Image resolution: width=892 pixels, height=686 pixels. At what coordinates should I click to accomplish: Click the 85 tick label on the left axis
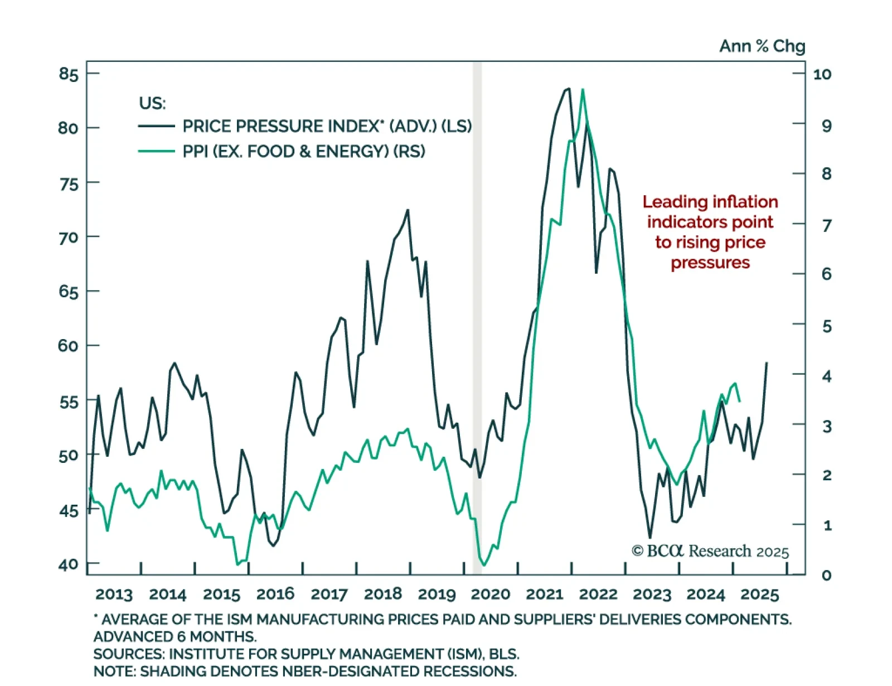click(69, 74)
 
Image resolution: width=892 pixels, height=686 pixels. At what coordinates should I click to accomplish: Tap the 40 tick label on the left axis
click(69, 564)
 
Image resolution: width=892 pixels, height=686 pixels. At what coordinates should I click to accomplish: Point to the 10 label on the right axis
click(822, 74)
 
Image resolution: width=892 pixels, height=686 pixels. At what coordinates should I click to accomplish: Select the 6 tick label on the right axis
click(827, 274)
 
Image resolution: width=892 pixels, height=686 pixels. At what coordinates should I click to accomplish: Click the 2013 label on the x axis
click(114, 595)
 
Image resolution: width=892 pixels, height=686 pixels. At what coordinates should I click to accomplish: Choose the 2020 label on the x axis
click(491, 595)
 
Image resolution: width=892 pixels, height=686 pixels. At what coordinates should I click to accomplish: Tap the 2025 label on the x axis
click(759, 595)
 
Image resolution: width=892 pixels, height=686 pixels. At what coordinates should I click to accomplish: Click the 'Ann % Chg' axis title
click(762, 46)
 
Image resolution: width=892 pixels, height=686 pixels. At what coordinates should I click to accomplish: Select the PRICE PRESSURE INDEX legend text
click(327, 127)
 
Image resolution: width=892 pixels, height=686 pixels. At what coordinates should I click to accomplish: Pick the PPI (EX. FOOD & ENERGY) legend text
click(304, 152)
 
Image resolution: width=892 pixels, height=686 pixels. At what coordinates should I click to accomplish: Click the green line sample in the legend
click(156, 151)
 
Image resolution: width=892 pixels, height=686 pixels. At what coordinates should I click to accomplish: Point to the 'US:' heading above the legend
click(152, 103)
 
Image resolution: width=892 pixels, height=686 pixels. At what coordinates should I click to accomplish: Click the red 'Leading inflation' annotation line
click(710, 202)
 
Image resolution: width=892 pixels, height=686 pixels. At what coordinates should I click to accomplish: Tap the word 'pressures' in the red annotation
click(710, 263)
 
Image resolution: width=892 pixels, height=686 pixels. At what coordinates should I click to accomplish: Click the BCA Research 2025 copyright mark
click(710, 552)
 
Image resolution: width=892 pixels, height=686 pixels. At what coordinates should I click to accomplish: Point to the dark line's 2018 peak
click(408, 210)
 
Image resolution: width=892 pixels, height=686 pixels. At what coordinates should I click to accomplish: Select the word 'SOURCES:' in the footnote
click(129, 654)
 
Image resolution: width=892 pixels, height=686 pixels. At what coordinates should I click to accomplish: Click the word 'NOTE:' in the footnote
click(114, 671)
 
